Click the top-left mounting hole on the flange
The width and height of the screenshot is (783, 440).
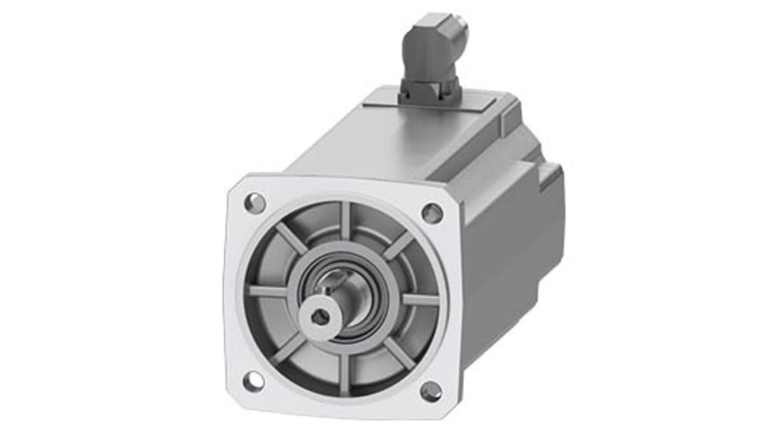coord(255,203)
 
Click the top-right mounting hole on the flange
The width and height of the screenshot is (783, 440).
coord(432,213)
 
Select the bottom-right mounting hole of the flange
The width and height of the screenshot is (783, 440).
coord(431,391)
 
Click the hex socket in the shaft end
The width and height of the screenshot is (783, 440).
coord(319,316)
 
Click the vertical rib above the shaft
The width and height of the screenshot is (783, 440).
coord(346,221)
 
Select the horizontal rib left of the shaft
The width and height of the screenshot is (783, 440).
coord(269,291)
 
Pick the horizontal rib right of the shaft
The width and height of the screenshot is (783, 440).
coord(420,301)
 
